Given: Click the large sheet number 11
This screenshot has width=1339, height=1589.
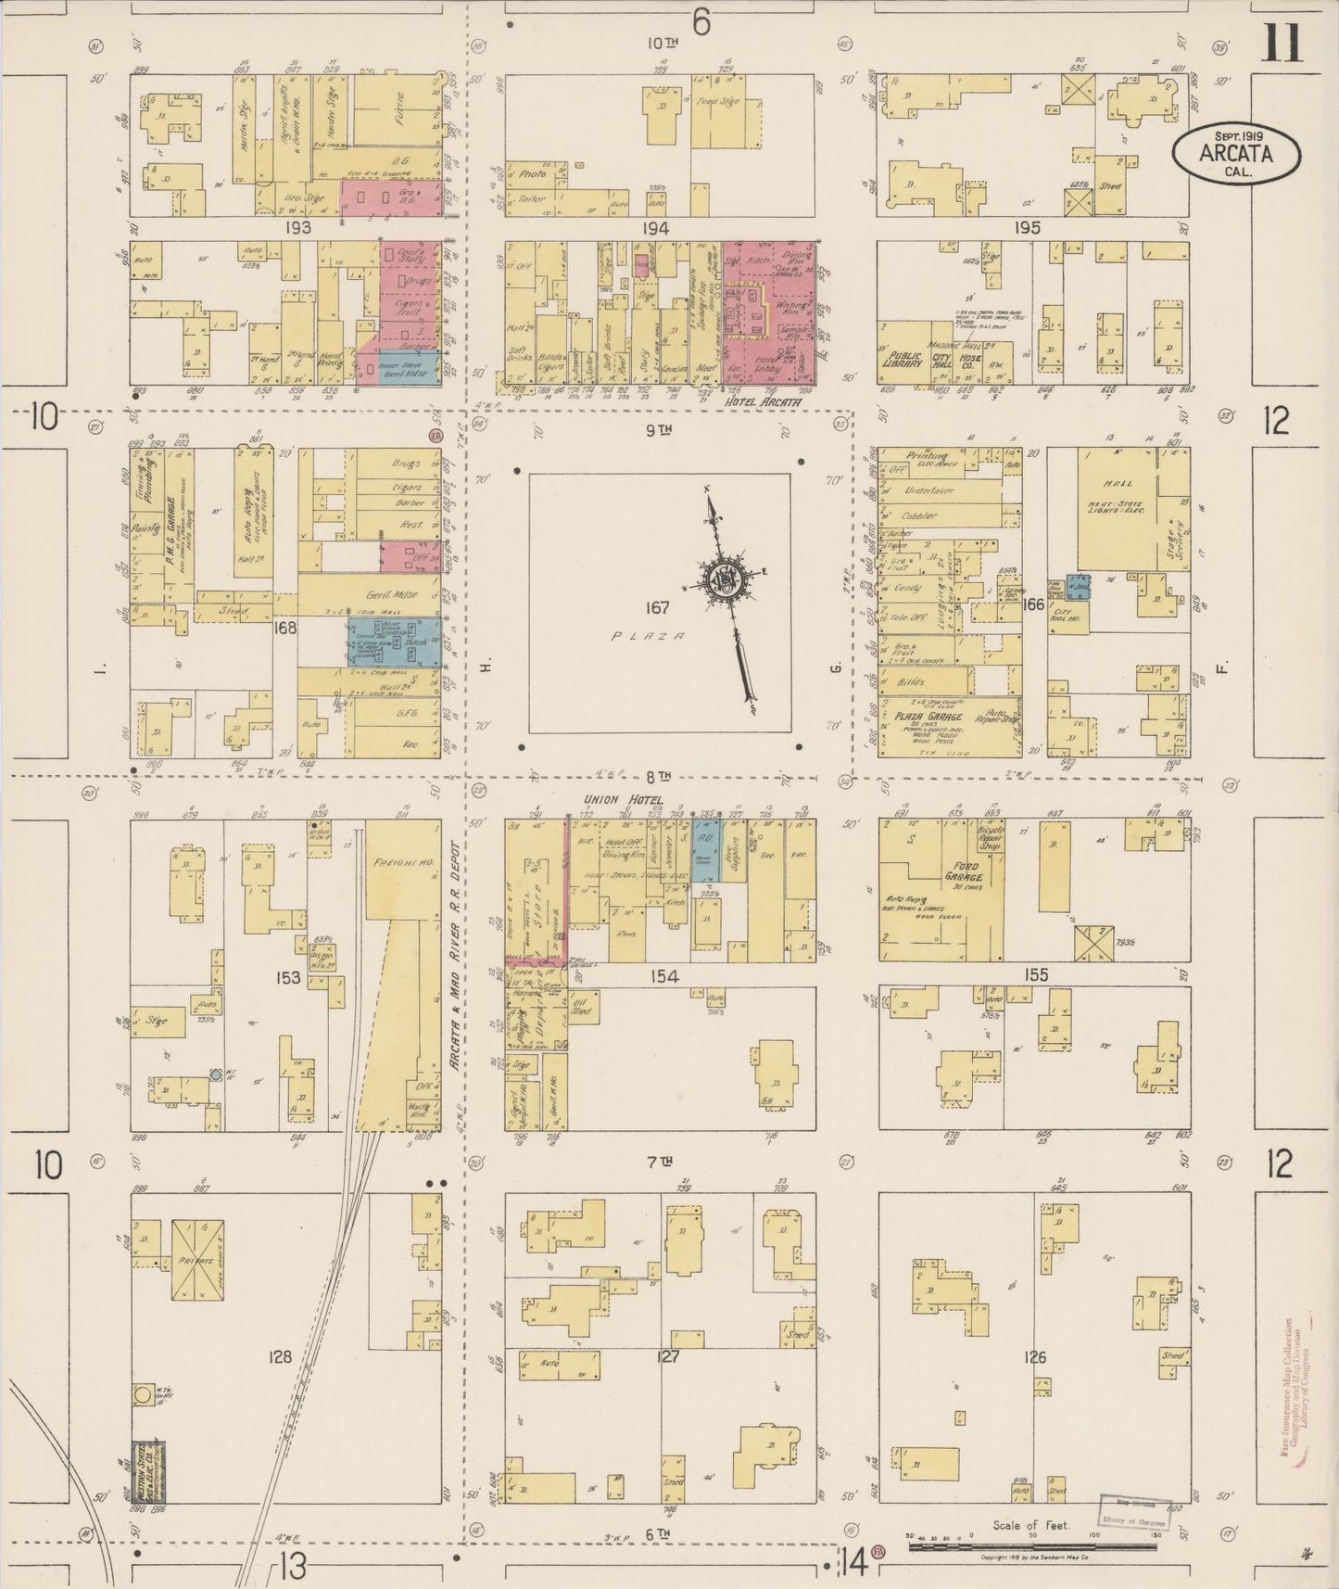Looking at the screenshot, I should (x=1282, y=44).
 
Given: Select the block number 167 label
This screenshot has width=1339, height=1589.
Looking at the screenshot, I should (x=658, y=608).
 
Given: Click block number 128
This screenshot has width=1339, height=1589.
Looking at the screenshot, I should (x=279, y=1357).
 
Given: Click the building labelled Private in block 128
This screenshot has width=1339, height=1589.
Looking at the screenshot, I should (x=198, y=1261).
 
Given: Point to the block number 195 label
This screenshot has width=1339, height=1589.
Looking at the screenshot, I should (x=1027, y=227).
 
